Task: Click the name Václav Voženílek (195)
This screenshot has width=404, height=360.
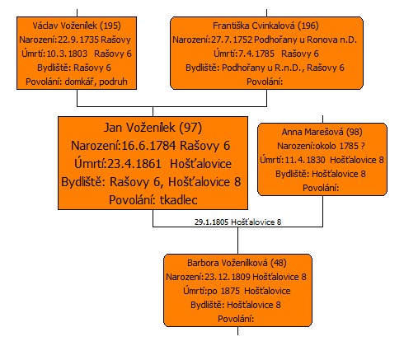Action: pos(77,26)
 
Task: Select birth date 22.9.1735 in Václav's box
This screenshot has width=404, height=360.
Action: pos(78,40)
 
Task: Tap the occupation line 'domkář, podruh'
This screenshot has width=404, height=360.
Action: pos(96,82)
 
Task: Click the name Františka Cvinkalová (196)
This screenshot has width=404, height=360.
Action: pos(265,26)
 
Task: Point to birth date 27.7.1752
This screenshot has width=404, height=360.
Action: pos(232,40)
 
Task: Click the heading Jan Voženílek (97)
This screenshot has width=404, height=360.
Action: pos(153,128)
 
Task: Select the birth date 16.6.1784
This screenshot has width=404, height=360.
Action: pos(148,146)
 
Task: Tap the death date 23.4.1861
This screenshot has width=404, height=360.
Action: pos(134,164)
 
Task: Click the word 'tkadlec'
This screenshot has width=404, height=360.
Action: pos(179,200)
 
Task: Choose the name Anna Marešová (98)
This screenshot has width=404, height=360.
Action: pos(322,132)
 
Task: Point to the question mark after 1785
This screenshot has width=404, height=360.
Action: pos(363,146)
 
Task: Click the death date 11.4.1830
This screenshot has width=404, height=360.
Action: pos(305,160)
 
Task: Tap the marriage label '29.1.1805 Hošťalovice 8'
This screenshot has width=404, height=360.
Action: pos(238,222)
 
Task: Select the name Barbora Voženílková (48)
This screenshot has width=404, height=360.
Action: pos(237,263)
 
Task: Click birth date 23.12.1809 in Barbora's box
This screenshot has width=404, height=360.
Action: pos(228,277)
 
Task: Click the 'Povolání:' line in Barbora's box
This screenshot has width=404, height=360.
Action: pos(236,319)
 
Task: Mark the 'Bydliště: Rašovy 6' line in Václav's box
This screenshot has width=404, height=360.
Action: pos(74,68)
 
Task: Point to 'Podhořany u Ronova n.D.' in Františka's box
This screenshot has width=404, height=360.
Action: pos(305,40)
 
